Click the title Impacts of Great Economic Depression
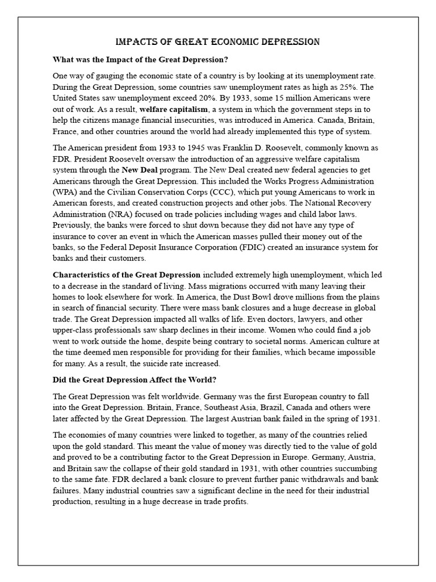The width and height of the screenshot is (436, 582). (217, 42)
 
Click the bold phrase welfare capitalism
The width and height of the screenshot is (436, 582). (173, 109)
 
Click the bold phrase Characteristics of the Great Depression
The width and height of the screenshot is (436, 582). (126, 275)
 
